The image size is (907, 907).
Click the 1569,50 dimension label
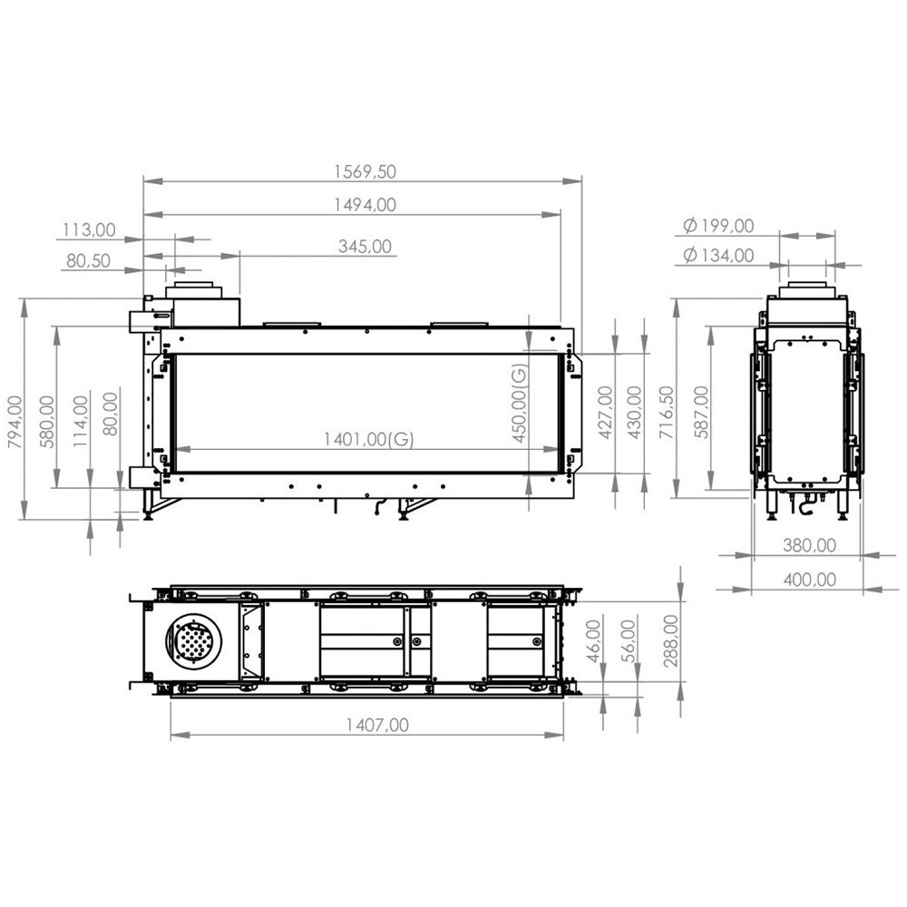[365, 171]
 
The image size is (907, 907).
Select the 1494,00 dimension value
[365, 205]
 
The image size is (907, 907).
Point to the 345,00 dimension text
[365, 247]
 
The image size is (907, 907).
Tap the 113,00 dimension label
[89, 230]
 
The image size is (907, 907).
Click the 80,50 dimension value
[88, 261]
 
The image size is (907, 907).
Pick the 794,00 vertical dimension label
[15, 422]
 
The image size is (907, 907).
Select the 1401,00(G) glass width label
[368, 440]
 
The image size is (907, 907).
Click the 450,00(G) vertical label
[520, 404]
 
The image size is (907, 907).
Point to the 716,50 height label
[668, 413]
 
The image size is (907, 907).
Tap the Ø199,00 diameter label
[717, 226]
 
